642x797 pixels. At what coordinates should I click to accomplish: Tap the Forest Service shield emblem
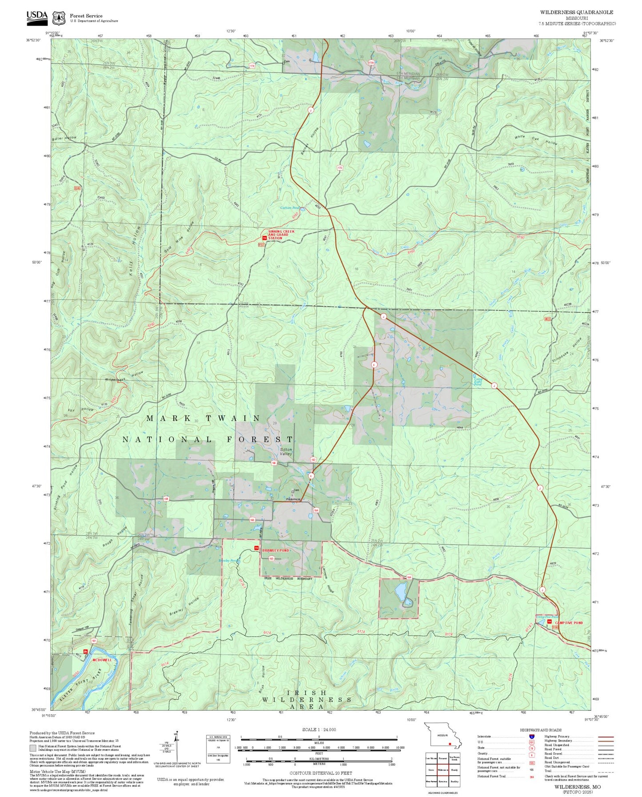point(59,18)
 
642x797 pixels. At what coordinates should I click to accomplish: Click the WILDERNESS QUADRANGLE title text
point(576,12)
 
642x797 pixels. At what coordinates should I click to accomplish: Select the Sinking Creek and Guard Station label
point(281,235)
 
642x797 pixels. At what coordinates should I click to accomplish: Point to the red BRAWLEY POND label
point(275,550)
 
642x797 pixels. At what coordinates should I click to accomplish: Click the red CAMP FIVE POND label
point(569,623)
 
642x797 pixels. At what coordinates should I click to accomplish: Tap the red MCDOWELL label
point(102,660)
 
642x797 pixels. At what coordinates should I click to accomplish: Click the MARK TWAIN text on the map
point(203,418)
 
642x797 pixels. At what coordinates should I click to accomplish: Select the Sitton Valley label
point(286,452)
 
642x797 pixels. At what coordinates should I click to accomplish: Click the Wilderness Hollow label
point(124,377)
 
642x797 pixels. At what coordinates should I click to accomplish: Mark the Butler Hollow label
point(64,138)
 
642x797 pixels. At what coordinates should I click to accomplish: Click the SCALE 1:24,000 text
point(319,729)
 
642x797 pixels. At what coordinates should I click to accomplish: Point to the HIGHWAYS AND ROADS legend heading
point(540,730)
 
